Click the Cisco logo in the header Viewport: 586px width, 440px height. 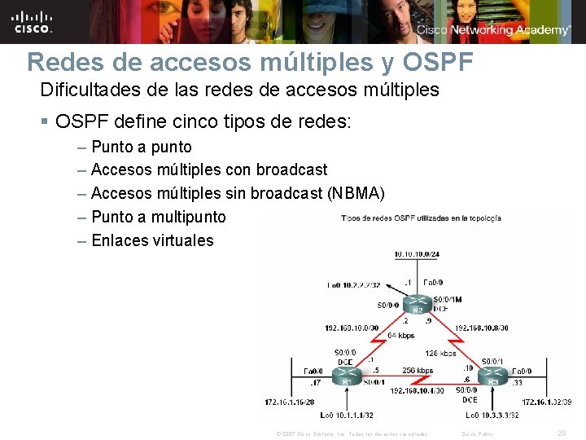click(x=32, y=21)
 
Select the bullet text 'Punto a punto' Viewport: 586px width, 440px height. click(x=142, y=147)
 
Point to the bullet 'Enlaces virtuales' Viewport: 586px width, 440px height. click(x=152, y=240)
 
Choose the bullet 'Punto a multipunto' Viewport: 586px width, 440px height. click(x=159, y=217)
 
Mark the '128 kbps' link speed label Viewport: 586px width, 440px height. click(x=440, y=353)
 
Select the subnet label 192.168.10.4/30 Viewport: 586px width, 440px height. click(x=417, y=391)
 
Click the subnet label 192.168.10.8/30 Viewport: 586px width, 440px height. click(x=482, y=328)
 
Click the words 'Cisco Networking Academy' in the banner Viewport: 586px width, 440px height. click(x=493, y=30)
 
